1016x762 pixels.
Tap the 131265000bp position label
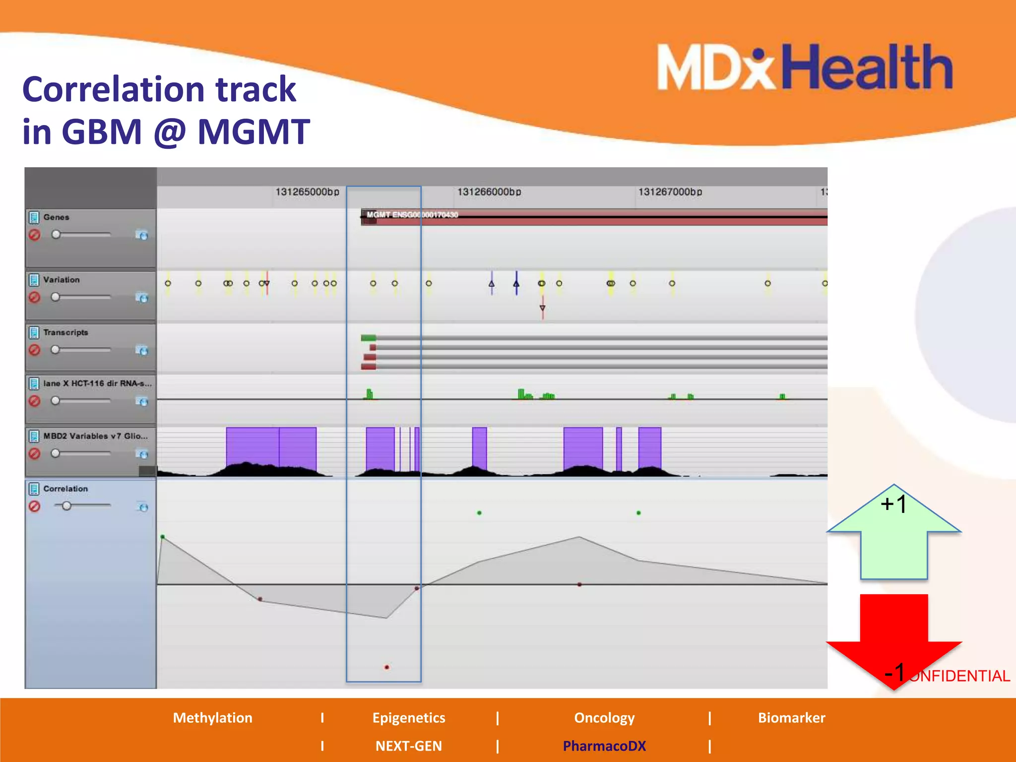click(x=307, y=192)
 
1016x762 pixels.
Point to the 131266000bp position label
click(x=489, y=192)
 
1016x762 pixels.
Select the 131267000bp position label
click(x=670, y=192)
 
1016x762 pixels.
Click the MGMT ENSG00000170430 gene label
click(x=412, y=215)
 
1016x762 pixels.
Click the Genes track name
click(x=56, y=217)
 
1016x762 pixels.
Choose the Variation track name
click(x=61, y=280)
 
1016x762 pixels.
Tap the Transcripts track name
click(x=65, y=332)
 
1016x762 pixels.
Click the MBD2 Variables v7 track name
click(x=95, y=436)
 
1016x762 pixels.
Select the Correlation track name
click(x=65, y=489)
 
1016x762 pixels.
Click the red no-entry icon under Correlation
click(x=34, y=507)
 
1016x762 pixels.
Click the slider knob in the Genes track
click(x=56, y=234)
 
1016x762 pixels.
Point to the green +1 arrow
click(x=893, y=536)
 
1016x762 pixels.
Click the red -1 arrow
click(x=893, y=635)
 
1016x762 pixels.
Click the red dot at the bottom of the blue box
click(x=386, y=667)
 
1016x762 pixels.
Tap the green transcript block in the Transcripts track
click(x=368, y=338)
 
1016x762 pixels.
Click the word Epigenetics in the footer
click(x=409, y=718)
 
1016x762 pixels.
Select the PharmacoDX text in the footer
click(x=604, y=746)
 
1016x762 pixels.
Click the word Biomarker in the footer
click(x=791, y=718)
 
